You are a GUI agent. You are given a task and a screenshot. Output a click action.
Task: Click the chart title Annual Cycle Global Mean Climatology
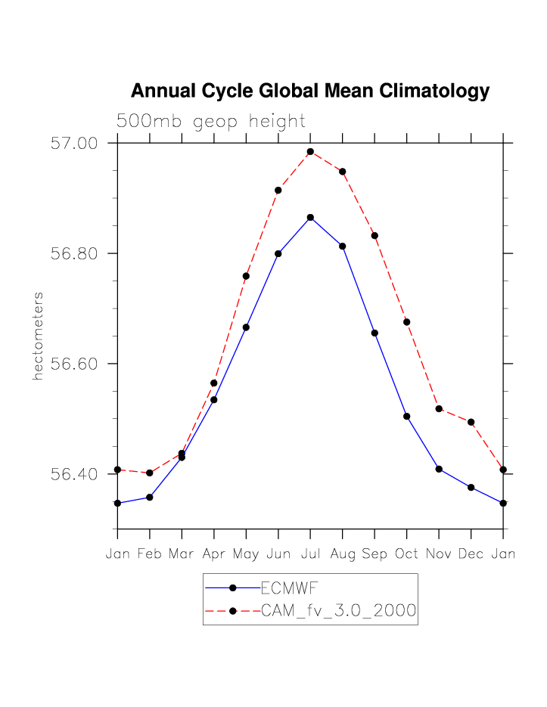pyautogui.click(x=310, y=91)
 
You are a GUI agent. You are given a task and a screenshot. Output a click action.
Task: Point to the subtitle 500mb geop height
pyautogui.click(x=210, y=121)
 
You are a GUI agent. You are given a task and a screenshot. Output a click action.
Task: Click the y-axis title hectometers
pyautogui.click(x=37, y=336)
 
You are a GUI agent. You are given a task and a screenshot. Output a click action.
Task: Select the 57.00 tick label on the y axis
pyautogui.click(x=75, y=143)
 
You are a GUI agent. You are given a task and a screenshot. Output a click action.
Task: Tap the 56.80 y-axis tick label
pyautogui.click(x=75, y=253)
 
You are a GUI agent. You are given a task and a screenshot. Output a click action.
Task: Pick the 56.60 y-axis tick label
pyautogui.click(x=75, y=364)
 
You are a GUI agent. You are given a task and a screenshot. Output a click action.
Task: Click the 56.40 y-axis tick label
pyautogui.click(x=75, y=474)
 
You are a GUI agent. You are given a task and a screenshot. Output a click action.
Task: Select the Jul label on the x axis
pyautogui.click(x=310, y=554)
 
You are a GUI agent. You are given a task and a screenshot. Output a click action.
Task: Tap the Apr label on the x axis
pyautogui.click(x=214, y=554)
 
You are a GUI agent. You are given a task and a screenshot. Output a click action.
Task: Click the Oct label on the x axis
pyautogui.click(x=406, y=554)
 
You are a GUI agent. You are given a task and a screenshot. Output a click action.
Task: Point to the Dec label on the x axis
pyautogui.click(x=471, y=554)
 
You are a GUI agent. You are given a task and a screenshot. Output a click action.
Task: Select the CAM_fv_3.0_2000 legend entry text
pyautogui.click(x=338, y=611)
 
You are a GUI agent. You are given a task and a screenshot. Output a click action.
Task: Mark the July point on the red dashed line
pyautogui.click(x=310, y=152)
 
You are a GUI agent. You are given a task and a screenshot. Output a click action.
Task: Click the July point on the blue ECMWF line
pyautogui.click(x=310, y=218)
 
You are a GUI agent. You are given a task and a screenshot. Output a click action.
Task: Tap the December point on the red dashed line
pyautogui.click(x=471, y=422)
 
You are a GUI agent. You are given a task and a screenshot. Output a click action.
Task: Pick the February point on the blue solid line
pyautogui.click(x=150, y=497)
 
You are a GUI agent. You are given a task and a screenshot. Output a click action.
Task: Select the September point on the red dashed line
pyautogui.click(x=375, y=236)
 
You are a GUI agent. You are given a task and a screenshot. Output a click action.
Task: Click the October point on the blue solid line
pyautogui.click(x=406, y=416)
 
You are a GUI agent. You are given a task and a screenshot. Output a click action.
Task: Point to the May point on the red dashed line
pyautogui.click(x=246, y=276)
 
